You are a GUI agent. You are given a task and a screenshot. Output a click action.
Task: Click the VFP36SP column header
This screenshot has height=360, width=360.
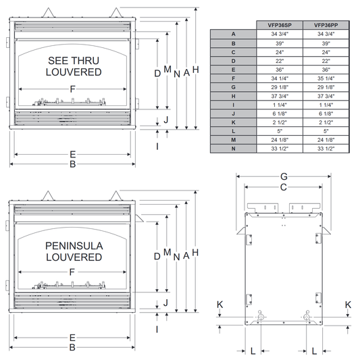coord(280,25)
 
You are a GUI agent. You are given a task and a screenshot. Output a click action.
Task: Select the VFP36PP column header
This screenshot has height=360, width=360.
coord(326,25)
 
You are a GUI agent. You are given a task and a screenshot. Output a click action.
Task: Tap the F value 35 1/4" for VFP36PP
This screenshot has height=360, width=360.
coord(326,78)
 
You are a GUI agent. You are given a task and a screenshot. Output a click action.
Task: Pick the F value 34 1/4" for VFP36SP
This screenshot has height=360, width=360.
coord(280,78)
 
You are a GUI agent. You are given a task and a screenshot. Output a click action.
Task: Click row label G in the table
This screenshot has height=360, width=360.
coord(233,87)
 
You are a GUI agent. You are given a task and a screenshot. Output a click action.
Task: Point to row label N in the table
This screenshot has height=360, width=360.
coord(233,149)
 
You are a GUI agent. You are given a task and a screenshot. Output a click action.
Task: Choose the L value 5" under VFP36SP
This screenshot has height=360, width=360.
coord(280,131)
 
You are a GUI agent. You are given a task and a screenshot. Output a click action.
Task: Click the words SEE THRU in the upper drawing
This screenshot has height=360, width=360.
coord(74,61)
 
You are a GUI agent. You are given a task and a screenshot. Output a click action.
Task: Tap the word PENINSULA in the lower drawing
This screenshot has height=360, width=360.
coord(74,246)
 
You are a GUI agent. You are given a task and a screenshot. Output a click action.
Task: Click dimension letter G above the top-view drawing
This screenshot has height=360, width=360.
coord(284,176)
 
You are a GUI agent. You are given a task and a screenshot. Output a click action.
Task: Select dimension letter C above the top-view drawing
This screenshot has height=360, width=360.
coord(284,187)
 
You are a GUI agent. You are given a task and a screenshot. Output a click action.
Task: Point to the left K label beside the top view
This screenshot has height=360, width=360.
coord(220,305)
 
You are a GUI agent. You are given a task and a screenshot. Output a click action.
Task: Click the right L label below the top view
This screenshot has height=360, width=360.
coord(314,351)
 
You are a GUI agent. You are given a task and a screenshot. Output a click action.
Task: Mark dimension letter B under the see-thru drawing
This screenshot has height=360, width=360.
coord(72,164)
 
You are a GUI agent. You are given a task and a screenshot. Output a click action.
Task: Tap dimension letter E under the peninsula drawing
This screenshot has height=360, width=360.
coord(72,338)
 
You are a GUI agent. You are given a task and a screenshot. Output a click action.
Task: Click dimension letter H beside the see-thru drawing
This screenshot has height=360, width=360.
coord(196,70)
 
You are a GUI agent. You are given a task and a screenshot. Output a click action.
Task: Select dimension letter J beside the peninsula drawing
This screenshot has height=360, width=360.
coord(165,303)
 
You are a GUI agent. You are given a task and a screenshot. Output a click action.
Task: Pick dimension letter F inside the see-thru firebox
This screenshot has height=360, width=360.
coord(72,89)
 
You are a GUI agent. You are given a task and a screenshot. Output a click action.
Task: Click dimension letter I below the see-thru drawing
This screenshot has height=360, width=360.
coord(157,147)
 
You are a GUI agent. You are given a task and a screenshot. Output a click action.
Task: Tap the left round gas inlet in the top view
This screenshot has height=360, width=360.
coord(260,317)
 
